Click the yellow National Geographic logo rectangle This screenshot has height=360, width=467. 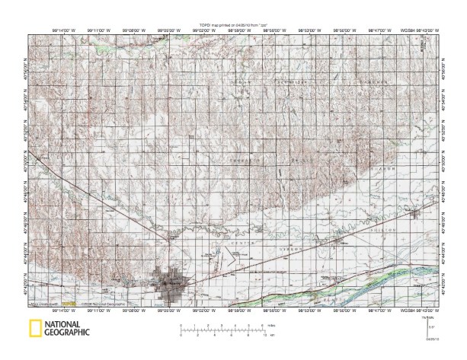(35, 330)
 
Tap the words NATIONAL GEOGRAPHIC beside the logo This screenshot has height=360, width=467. (66, 329)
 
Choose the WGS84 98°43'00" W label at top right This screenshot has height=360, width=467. (421, 31)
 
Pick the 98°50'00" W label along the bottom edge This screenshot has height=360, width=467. (344, 309)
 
